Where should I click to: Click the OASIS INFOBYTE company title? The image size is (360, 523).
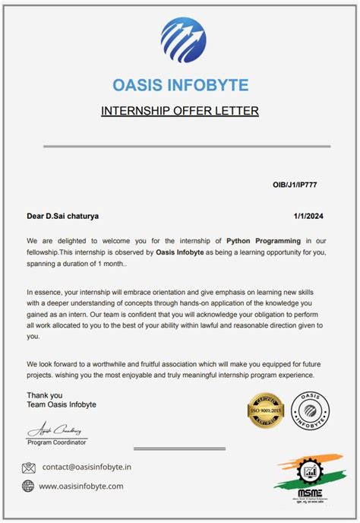(x=180, y=84)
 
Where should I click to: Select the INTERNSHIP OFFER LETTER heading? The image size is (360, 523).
(x=180, y=111)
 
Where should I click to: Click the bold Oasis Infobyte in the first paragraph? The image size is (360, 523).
(x=182, y=252)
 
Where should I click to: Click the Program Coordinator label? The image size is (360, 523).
(x=57, y=442)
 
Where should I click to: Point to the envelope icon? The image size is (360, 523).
(x=29, y=468)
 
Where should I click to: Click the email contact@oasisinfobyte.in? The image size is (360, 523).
(x=87, y=468)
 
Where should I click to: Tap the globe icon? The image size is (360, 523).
(x=29, y=487)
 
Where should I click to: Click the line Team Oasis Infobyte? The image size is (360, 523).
(x=62, y=405)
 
